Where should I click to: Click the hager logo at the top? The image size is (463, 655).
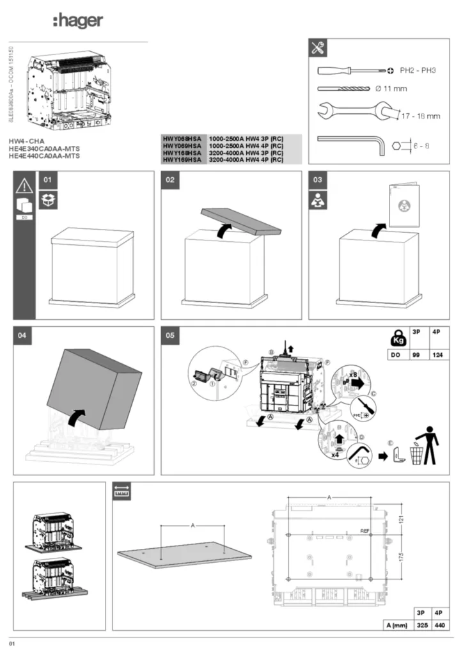point(77,21)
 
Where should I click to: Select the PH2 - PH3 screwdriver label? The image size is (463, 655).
point(418,70)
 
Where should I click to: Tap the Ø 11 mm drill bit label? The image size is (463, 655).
point(391,89)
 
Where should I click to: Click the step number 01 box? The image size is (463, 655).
point(47,180)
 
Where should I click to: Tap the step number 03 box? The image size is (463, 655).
point(318,180)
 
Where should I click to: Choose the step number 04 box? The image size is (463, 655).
point(22,336)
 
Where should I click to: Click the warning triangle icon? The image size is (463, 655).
point(24,185)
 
